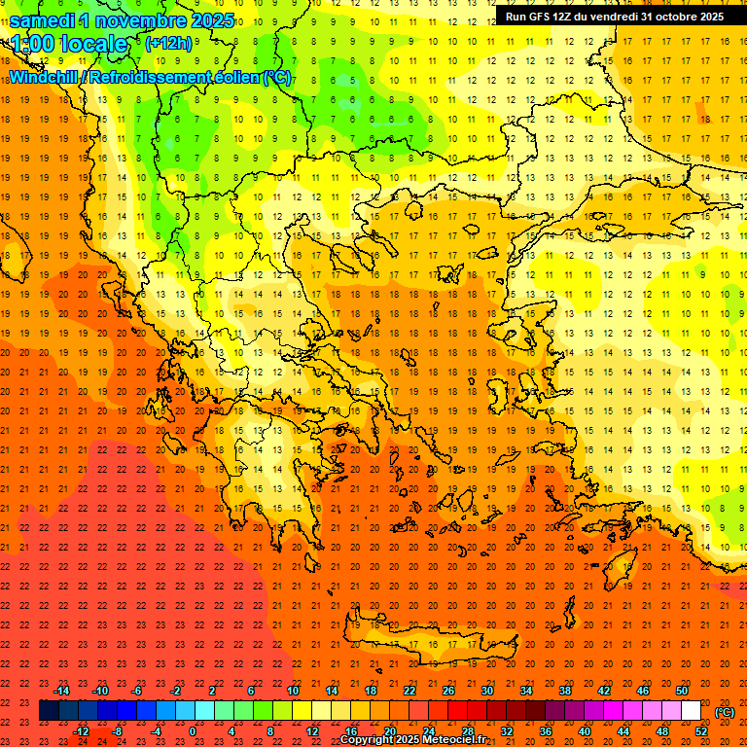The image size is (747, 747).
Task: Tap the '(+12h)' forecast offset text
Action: point(168,43)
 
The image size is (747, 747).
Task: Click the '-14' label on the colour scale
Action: point(62,691)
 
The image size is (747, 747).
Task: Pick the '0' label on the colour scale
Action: point(192,731)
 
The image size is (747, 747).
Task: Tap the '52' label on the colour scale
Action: point(701,731)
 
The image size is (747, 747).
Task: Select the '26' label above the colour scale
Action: point(448,691)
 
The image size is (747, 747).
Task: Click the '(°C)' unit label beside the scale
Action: point(725,712)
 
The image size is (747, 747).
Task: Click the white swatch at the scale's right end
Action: point(692,711)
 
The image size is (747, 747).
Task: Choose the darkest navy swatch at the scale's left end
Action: point(49,711)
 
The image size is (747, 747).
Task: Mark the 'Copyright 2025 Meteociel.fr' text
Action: point(412,740)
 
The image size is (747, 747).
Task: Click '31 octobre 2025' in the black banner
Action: point(682,17)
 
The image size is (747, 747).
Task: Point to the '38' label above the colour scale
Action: point(565,691)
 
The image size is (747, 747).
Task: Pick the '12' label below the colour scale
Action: point(312,731)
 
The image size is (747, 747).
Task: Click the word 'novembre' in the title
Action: point(142,19)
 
